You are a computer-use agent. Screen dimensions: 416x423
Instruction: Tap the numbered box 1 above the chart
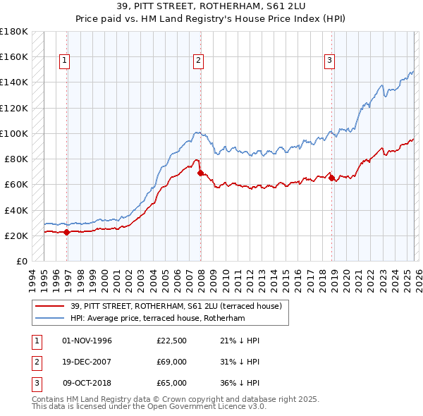click(x=64, y=61)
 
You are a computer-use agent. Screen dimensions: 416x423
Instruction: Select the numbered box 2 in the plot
click(x=199, y=61)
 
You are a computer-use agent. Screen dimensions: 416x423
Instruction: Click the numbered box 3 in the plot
click(x=329, y=61)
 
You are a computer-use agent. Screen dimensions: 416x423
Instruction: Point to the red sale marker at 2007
click(x=201, y=173)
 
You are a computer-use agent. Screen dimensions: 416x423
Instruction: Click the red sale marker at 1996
click(x=67, y=232)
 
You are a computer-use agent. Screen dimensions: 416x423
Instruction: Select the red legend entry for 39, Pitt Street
click(x=176, y=306)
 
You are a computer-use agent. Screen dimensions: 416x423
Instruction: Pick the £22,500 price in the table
click(x=172, y=341)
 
